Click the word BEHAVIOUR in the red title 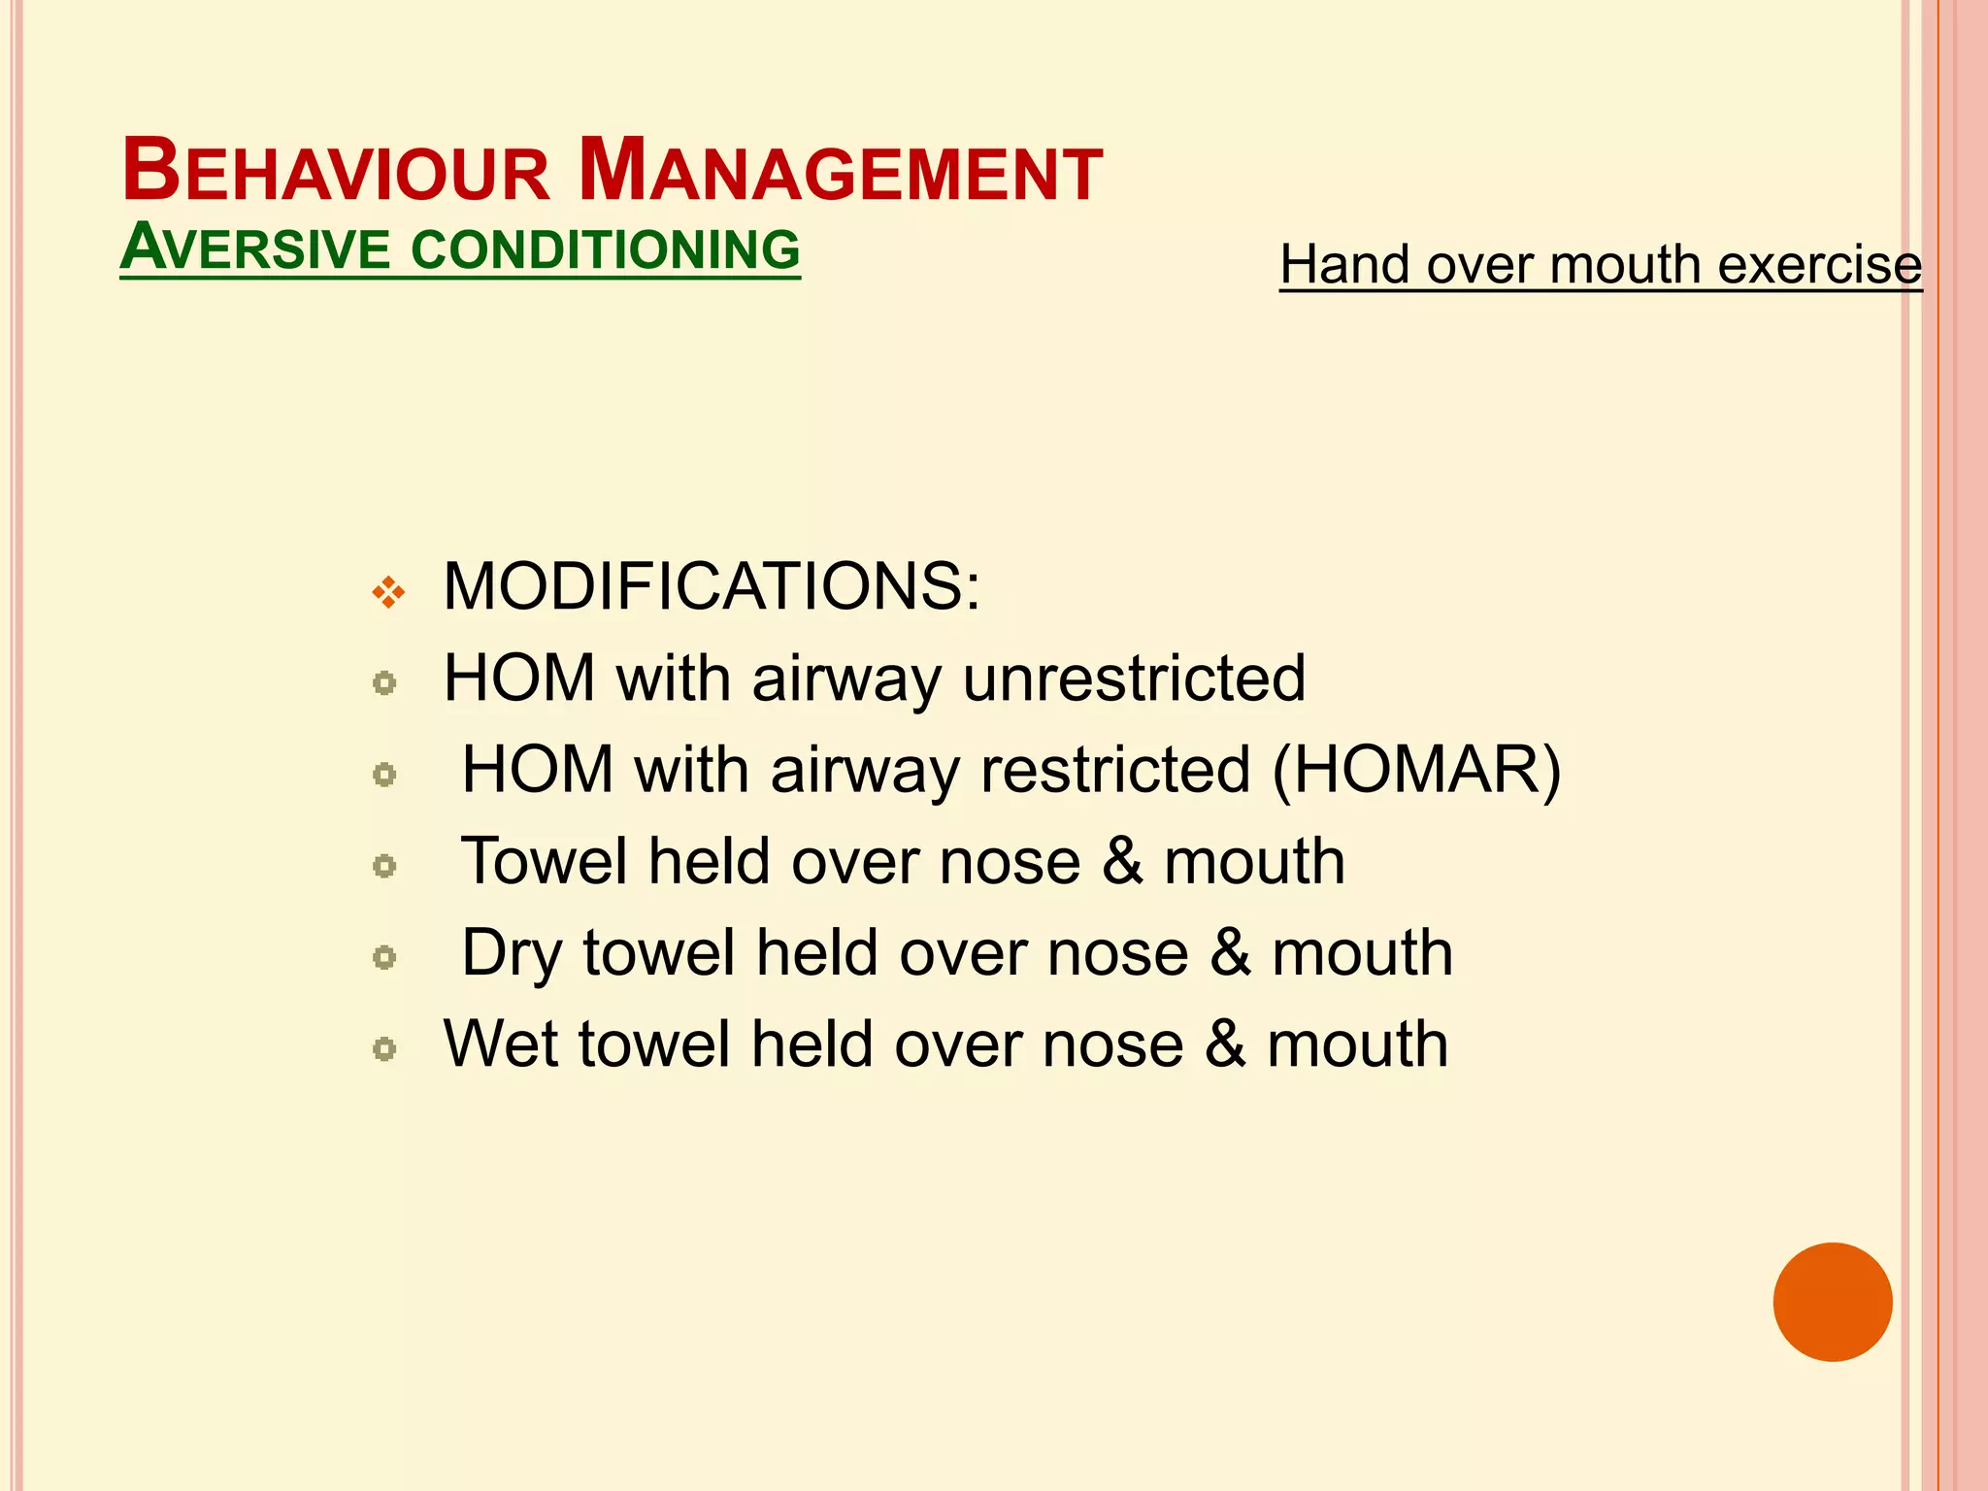pos(336,172)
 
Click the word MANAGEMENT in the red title pos(841,172)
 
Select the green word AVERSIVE pos(255,248)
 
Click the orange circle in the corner pos(1832,1302)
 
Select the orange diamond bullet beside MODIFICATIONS pos(388,591)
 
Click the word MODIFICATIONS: pos(712,586)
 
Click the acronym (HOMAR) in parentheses pos(1416,770)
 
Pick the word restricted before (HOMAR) pos(1115,770)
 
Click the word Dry pos(511,954)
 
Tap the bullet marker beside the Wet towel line pos(384,1049)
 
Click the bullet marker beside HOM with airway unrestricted pos(384,683)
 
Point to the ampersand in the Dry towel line pos(1230,953)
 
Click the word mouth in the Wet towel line pos(1357,1044)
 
